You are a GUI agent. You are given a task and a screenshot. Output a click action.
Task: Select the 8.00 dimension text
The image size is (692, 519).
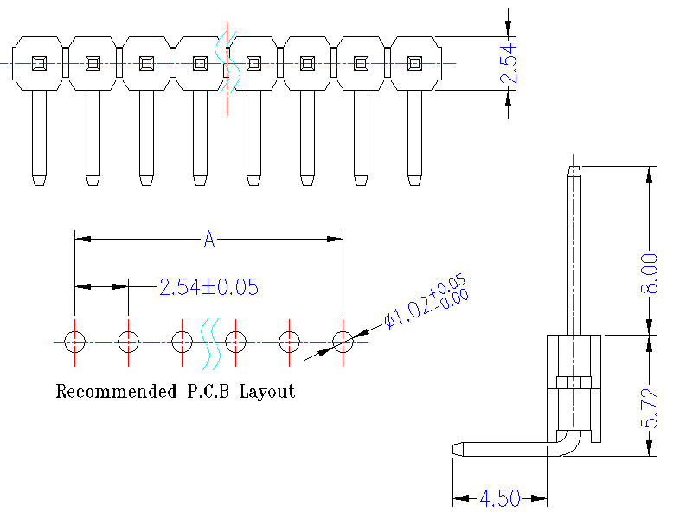tap(649, 273)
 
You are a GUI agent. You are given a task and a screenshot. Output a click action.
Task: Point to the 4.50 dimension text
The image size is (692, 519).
tap(499, 498)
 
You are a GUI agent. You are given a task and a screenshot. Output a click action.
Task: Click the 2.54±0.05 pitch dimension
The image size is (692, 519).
tap(208, 287)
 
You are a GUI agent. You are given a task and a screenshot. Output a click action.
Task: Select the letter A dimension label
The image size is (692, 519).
tap(208, 240)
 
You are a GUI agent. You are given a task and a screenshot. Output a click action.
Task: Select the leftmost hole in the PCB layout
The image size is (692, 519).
tap(75, 342)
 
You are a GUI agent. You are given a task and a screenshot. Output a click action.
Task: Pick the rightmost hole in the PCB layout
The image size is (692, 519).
tap(343, 342)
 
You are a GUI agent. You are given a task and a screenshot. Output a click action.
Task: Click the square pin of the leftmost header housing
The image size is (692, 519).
tap(39, 63)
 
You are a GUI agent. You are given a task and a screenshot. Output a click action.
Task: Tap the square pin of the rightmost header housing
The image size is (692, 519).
tap(414, 63)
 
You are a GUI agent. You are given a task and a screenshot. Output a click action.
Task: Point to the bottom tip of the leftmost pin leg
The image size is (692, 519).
tap(39, 182)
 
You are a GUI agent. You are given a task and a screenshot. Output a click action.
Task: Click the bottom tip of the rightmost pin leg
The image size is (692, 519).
tap(414, 182)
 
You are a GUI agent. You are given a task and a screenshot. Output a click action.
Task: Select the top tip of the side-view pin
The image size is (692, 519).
tap(573, 169)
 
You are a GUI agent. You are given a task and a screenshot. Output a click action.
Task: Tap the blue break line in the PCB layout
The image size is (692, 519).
tap(208, 342)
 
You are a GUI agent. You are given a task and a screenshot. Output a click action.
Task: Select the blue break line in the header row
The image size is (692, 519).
tap(227, 63)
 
